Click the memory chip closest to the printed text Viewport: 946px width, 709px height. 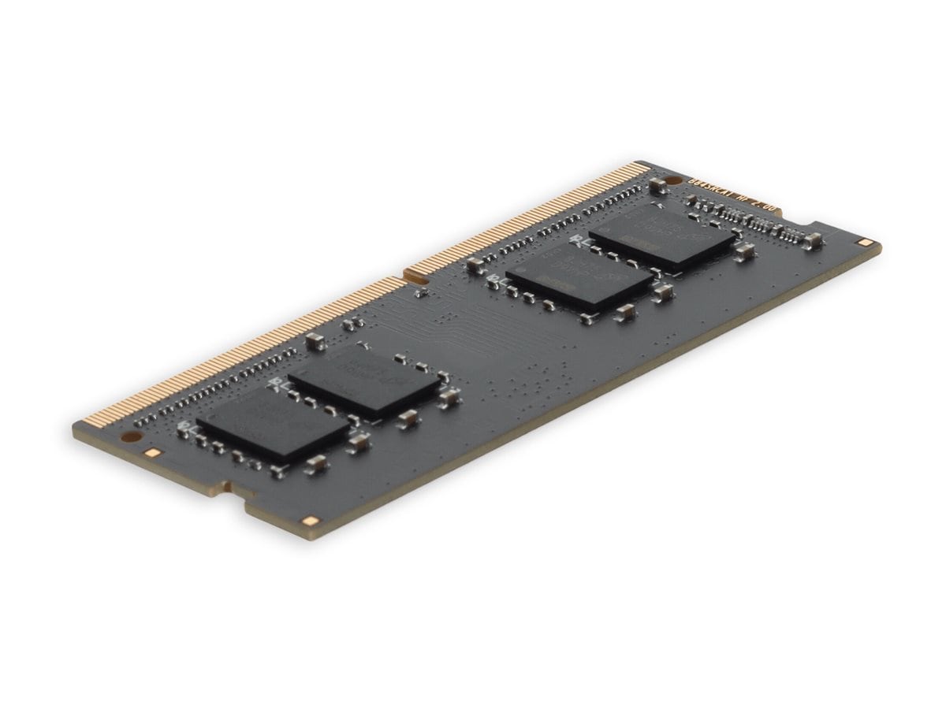point(662,233)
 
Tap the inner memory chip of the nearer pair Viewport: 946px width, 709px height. point(364,383)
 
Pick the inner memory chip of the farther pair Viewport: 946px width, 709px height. point(579,280)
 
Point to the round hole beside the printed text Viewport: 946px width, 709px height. point(661,181)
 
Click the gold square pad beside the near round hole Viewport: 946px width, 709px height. point(154,453)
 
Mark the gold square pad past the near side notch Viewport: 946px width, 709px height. point(309,521)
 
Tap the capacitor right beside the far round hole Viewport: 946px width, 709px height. point(654,186)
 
